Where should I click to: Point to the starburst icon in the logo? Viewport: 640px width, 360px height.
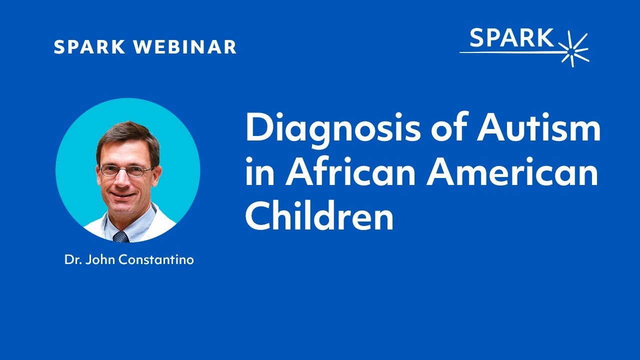tap(574, 49)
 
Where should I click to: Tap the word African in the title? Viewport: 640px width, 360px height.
tap(349, 172)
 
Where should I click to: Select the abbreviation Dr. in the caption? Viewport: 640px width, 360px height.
tap(72, 260)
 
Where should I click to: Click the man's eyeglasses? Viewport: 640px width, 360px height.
tap(126, 171)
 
